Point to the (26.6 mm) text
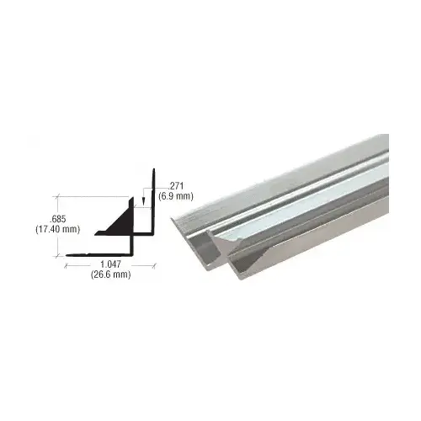click(109, 285)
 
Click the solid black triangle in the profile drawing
click(120, 223)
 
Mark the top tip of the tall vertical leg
click(153, 171)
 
